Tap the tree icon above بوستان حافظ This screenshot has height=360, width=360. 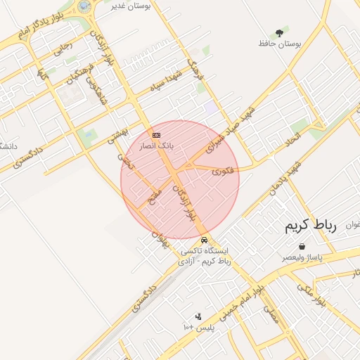pyautogui.click(x=280, y=32)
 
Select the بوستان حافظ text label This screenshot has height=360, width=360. pyautogui.click(x=279, y=44)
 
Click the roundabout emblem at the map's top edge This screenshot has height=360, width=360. pyautogui.click(x=84, y=6)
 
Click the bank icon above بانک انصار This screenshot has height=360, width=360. pyautogui.click(x=156, y=134)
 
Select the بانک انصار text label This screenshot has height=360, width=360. pyautogui.click(x=157, y=146)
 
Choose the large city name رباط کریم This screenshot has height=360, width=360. pyautogui.click(x=311, y=226)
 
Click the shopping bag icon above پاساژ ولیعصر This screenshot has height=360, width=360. pyautogui.click(x=302, y=247)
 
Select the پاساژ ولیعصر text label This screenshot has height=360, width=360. pyautogui.click(x=302, y=259)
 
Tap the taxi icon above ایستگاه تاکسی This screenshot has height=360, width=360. pyautogui.click(x=205, y=239)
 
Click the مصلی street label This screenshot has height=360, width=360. pyautogui.click(x=271, y=314)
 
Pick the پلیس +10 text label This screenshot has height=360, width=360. pyautogui.click(x=198, y=328)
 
